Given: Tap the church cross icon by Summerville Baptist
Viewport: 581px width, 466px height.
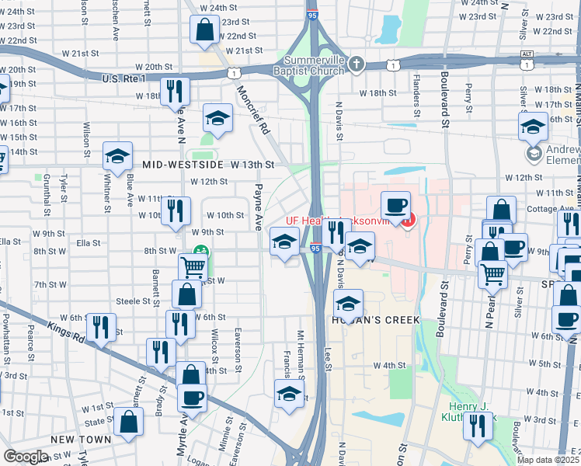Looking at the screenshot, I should point(357,64).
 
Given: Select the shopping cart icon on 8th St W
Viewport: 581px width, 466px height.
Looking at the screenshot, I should point(192,266).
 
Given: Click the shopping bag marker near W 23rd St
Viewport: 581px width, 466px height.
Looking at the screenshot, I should point(204,30).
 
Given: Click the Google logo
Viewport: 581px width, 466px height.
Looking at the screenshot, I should point(25,457).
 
